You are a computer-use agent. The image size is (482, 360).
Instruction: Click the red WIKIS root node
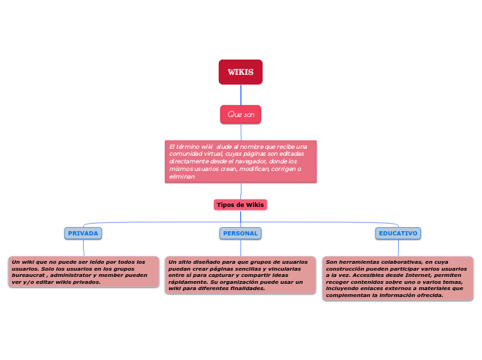240,72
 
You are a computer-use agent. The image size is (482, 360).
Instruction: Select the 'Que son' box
240,114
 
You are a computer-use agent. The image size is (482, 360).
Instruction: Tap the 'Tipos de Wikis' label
240,205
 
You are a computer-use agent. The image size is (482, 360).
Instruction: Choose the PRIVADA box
83,233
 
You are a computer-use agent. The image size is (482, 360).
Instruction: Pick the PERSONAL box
240,233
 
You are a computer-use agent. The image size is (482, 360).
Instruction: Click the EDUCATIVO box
398,233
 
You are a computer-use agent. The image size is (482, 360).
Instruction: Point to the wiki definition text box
240,161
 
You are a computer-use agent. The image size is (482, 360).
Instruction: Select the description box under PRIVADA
83,272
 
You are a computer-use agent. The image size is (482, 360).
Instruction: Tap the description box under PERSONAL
240,275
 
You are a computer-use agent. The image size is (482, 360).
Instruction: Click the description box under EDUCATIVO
398,278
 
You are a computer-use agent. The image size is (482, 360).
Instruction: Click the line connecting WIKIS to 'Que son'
240,95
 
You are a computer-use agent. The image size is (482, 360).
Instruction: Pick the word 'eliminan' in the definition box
181,177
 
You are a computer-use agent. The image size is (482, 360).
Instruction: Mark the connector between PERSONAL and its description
240,248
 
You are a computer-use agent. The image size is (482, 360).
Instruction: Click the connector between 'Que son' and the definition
240,132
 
